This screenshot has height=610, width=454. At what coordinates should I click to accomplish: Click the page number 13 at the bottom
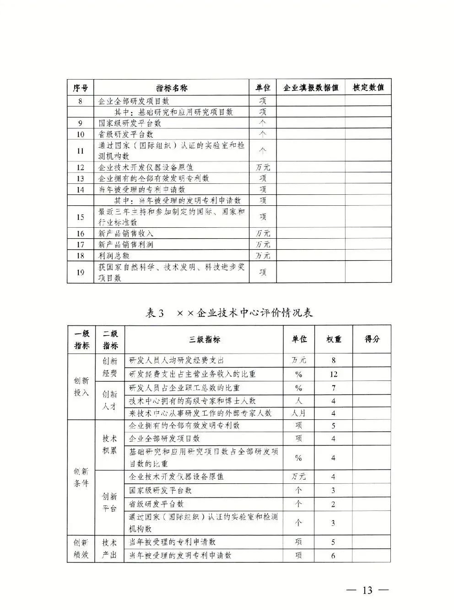click(x=367, y=590)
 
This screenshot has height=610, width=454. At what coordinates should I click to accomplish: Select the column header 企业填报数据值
click(x=311, y=87)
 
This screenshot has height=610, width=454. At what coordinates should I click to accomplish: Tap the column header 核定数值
click(x=368, y=87)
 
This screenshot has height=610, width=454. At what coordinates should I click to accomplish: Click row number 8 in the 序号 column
click(x=81, y=101)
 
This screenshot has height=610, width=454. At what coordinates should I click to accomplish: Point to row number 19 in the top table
click(x=81, y=273)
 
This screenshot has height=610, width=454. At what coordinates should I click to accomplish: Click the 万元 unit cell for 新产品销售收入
click(x=263, y=234)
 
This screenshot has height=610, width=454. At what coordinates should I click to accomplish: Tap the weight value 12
click(x=334, y=374)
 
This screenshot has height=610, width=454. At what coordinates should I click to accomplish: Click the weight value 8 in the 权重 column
click(x=334, y=360)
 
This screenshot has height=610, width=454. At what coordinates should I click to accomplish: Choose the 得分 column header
click(x=372, y=339)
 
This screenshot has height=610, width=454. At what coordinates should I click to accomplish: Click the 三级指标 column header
click(x=204, y=339)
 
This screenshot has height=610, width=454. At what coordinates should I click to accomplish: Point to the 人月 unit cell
click(x=298, y=413)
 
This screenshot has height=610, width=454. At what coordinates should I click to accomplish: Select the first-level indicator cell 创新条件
click(x=81, y=477)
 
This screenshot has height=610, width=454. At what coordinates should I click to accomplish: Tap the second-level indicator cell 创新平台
click(x=109, y=502)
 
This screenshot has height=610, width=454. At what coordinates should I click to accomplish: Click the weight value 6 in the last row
click(x=333, y=556)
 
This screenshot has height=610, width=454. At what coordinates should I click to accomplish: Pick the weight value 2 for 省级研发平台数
click(x=333, y=504)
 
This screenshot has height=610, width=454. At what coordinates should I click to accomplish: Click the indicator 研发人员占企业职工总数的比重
click(x=184, y=388)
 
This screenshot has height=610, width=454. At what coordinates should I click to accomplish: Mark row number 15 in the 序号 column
click(x=81, y=217)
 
